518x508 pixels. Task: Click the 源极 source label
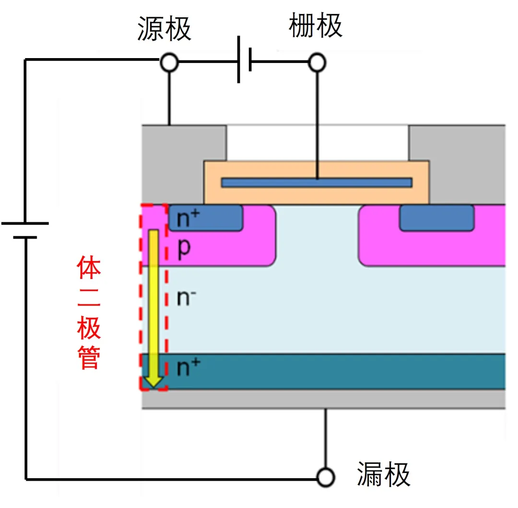pos(164,29)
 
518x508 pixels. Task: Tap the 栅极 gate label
pos(316,26)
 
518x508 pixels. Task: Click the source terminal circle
pos(169,62)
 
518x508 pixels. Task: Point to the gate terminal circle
pos(317,62)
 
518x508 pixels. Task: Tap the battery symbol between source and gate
pos(245,63)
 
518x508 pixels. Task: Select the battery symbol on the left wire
pos(25,230)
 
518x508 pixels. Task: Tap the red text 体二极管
pos(89,314)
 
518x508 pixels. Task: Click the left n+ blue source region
pos(206,218)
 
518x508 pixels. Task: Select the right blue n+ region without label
pos(437,218)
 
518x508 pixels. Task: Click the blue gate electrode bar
pos(317,182)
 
